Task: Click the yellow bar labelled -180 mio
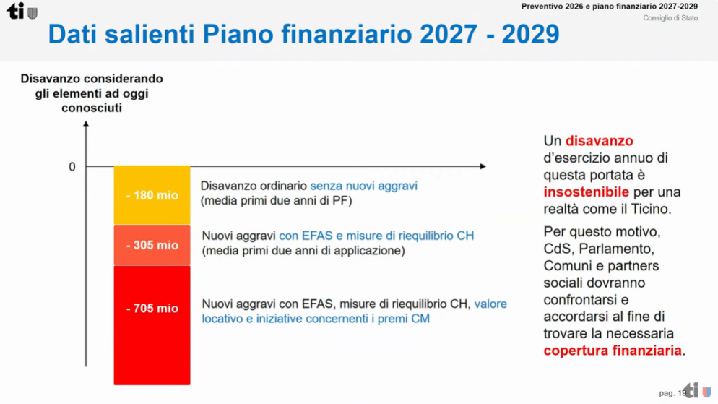152,195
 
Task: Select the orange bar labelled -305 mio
152,245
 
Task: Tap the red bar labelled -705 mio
152,325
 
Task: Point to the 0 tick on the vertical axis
72,167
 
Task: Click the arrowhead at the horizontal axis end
483,166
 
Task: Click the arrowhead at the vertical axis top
86,124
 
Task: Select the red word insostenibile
586,192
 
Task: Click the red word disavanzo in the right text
600,141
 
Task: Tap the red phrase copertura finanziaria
613,351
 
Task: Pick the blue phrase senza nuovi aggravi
363,186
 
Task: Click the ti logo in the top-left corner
22,11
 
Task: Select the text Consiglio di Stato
670,18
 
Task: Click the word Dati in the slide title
73,34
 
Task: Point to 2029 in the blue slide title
530,34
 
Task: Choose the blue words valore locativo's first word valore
490,304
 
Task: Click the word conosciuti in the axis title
92,108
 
